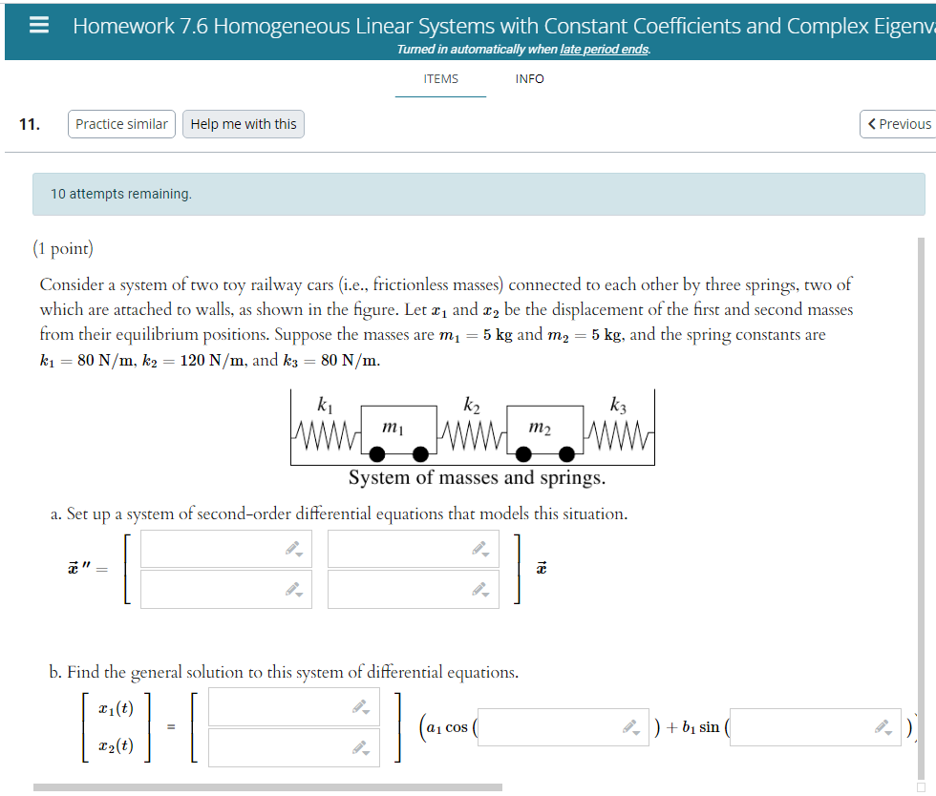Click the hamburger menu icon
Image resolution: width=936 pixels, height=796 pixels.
click(x=39, y=26)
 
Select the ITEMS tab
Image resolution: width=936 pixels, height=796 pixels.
click(x=440, y=79)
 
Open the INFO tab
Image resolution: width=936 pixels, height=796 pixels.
click(x=529, y=79)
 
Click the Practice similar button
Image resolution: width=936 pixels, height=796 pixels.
click(x=121, y=124)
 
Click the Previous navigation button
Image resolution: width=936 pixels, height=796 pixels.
click(x=898, y=124)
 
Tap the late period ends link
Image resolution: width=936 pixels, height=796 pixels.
click(x=604, y=50)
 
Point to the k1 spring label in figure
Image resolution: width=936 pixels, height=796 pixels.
click(x=325, y=406)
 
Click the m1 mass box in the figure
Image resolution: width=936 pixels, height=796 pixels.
click(x=393, y=428)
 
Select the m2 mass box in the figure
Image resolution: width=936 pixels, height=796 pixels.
click(x=540, y=428)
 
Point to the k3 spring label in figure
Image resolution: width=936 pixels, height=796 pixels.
click(x=618, y=406)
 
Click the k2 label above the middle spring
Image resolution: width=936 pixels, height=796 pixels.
click(x=472, y=406)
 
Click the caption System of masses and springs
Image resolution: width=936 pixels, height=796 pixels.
click(x=477, y=477)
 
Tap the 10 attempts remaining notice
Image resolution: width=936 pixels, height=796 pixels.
click(x=121, y=194)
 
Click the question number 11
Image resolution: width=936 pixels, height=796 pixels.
click(x=30, y=124)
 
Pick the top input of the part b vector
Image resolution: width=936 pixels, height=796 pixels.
click(x=293, y=707)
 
